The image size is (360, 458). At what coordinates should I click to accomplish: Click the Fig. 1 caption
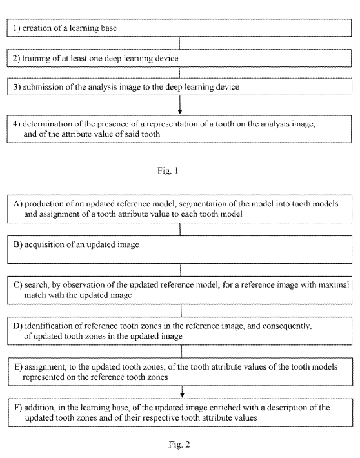point(168,170)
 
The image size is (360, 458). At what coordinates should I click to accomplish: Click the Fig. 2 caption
point(179,444)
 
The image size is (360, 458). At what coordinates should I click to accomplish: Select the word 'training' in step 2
point(36,59)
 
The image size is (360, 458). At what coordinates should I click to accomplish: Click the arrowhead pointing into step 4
point(180,112)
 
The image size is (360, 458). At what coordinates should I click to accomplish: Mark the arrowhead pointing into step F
point(182,395)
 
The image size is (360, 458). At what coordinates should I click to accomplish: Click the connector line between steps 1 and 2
point(179,43)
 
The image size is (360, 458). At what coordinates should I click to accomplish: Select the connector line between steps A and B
point(180,229)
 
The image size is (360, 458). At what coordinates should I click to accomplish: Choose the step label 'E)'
point(19,367)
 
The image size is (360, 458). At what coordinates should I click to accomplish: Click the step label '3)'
point(17,86)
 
